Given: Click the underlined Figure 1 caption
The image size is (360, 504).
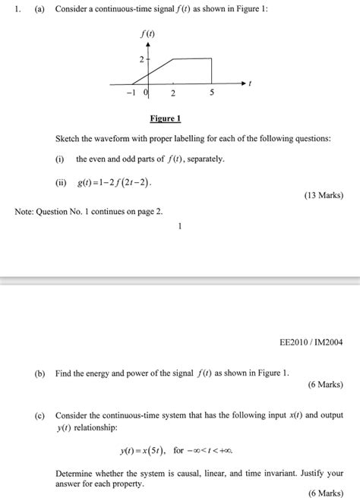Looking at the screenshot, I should pyautogui.click(x=165, y=120).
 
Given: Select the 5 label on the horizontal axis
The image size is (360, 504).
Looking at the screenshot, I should pyautogui.click(x=212, y=93).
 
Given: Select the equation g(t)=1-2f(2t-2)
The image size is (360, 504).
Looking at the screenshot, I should pyautogui.click(x=115, y=183).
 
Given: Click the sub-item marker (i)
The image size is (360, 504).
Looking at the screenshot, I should pyautogui.click(x=59, y=159).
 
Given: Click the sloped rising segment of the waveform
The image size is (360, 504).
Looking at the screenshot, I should pyautogui.click(x=155, y=71).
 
